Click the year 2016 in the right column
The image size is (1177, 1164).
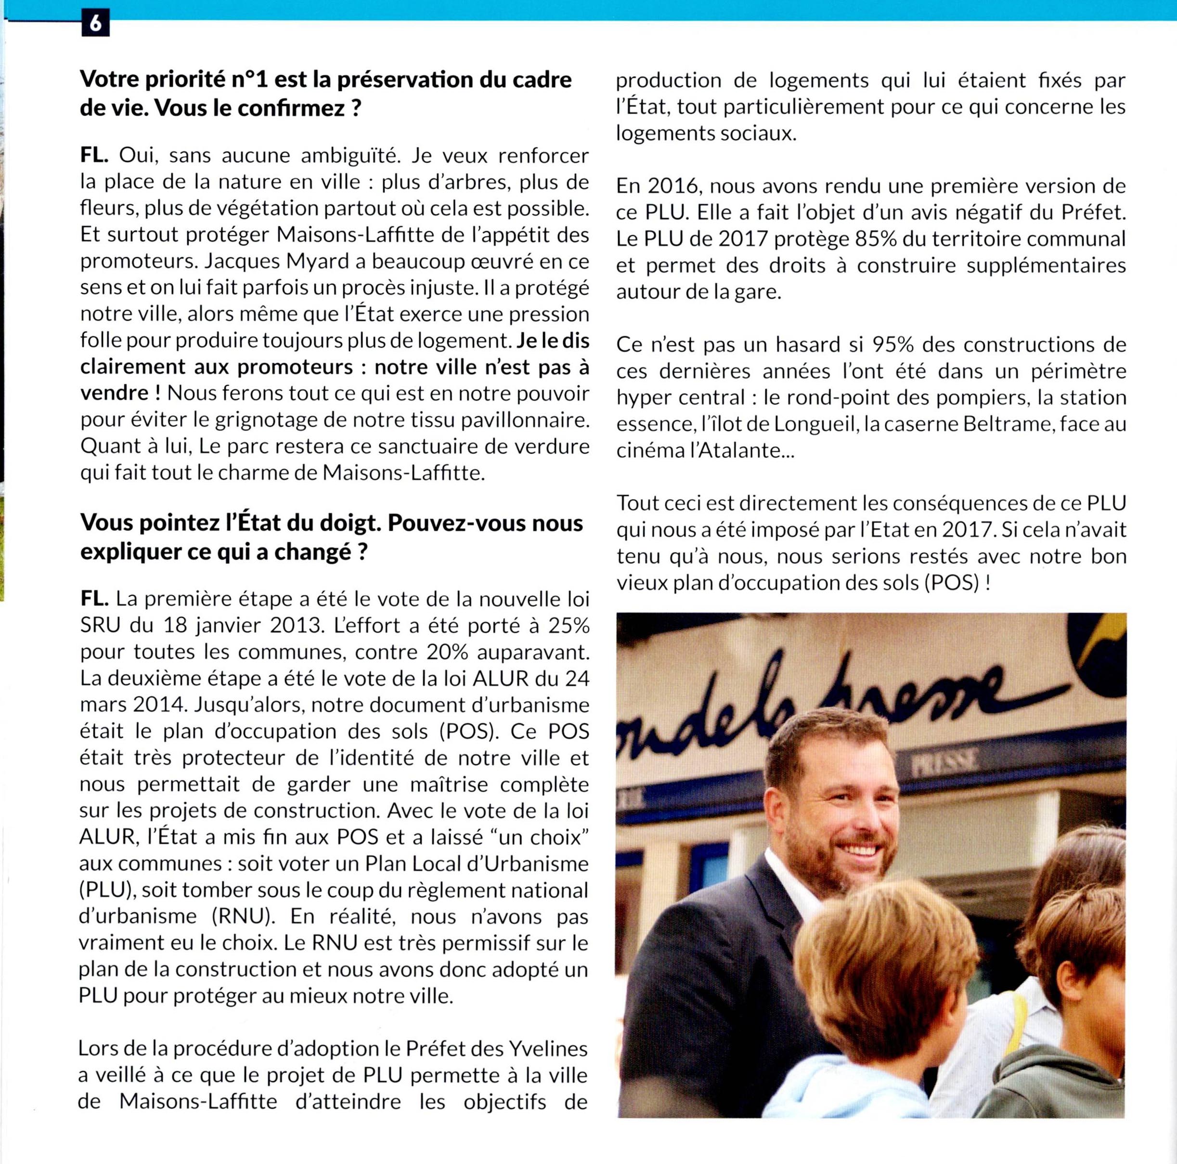pos(670,186)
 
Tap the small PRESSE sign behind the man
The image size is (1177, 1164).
pos(945,760)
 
